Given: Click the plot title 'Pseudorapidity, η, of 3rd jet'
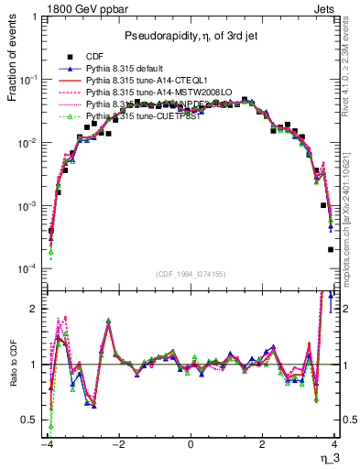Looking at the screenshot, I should tap(191, 36).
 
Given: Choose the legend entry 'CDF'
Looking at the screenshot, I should tap(94, 56).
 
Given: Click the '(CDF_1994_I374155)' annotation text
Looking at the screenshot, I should tap(191, 274).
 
